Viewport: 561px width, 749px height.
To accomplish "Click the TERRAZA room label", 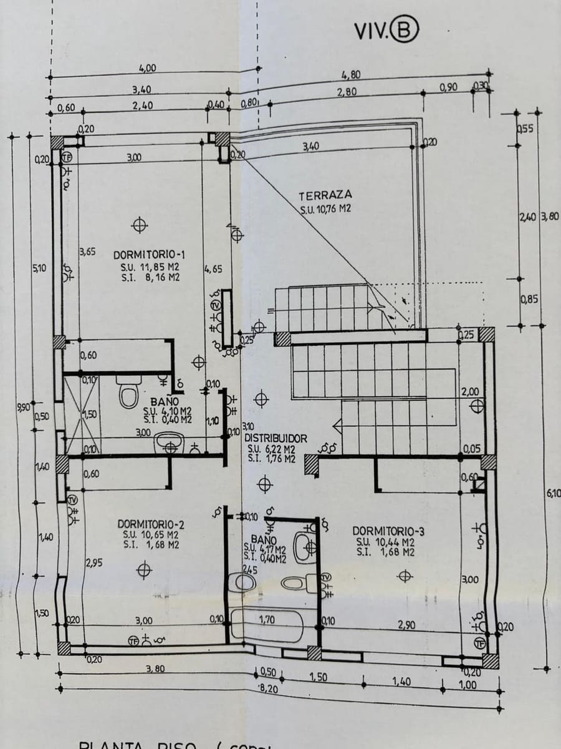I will tap(325, 195).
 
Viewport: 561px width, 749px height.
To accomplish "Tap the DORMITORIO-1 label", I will tap(150, 255).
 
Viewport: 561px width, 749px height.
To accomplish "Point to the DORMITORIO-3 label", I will tap(388, 531).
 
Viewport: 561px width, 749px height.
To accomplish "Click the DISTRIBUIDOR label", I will tap(276, 439).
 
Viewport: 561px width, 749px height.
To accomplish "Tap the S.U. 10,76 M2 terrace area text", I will tap(325, 209).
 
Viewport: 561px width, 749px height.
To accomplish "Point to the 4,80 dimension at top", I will tap(351, 75).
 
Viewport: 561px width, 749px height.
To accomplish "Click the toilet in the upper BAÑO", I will tap(129, 395).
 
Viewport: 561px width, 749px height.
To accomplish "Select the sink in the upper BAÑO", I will tap(169, 444).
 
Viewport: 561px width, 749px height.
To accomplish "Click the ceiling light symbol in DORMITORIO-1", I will tap(140, 225).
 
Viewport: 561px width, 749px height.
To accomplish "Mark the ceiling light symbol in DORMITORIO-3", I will tap(405, 576).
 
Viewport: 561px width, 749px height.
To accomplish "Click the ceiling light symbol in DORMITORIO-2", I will tap(145, 569).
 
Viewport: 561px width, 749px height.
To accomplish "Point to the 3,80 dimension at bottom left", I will tap(155, 668).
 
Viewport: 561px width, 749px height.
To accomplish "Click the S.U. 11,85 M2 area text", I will tap(150, 267).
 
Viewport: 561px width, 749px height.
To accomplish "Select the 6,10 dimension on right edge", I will tap(552, 493).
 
